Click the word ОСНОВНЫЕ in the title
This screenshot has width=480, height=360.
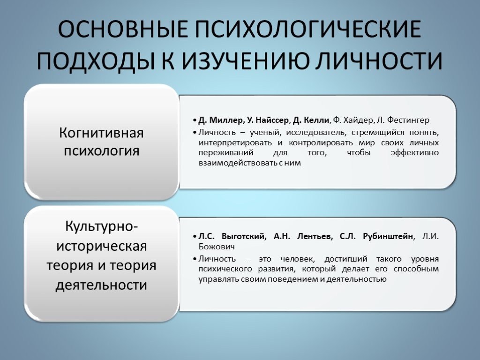pyautogui.click(x=123, y=30)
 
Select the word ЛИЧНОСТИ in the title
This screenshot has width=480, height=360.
pyautogui.click(x=379, y=60)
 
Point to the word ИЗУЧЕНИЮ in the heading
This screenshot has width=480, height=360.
pyautogui.click(x=244, y=60)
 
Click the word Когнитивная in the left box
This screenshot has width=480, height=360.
pyautogui.click(x=101, y=133)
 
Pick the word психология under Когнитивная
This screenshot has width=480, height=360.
pyautogui.click(x=101, y=150)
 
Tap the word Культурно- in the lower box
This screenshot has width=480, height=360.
pyautogui.click(x=101, y=227)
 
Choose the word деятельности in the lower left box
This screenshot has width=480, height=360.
pyautogui.click(x=101, y=285)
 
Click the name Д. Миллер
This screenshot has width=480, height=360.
pyautogui.click(x=220, y=120)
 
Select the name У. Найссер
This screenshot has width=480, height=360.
pyautogui.click(x=268, y=120)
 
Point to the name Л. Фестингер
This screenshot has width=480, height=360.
pyautogui.click(x=403, y=120)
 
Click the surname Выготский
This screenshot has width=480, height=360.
pyautogui.click(x=244, y=236)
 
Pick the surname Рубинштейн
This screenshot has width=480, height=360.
pyautogui.click(x=388, y=236)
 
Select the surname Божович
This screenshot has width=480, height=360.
pyautogui.click(x=217, y=247)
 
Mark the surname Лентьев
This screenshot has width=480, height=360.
pyautogui.click(x=315, y=236)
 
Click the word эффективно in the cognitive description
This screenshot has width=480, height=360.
pyautogui.click(x=415, y=153)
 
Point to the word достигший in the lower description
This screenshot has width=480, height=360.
pyautogui.click(x=346, y=259)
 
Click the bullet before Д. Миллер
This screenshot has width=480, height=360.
pyautogui.click(x=195, y=120)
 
